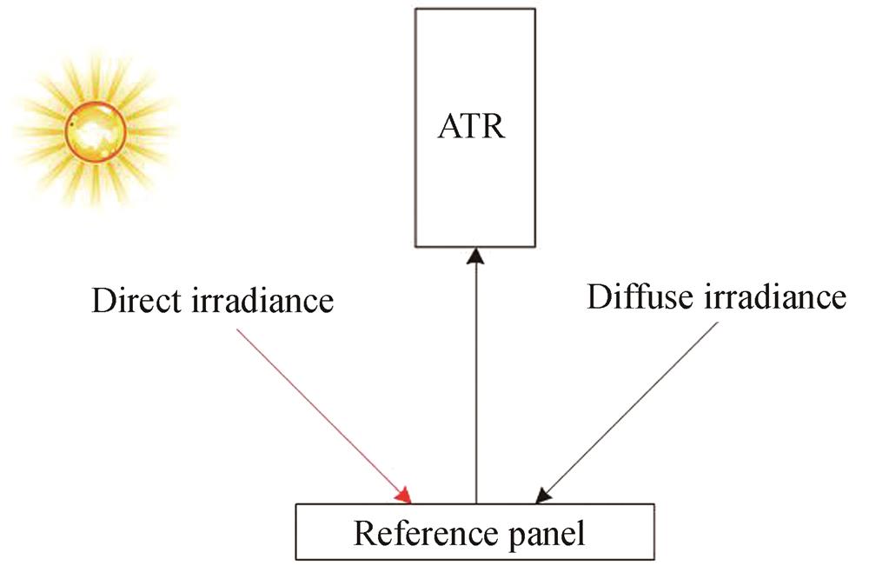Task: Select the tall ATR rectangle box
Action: coord(474,191)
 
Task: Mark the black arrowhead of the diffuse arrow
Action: coord(543,495)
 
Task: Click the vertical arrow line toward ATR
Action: coord(474,383)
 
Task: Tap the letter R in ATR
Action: coord(495,131)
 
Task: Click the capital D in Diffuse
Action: coord(599,298)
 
